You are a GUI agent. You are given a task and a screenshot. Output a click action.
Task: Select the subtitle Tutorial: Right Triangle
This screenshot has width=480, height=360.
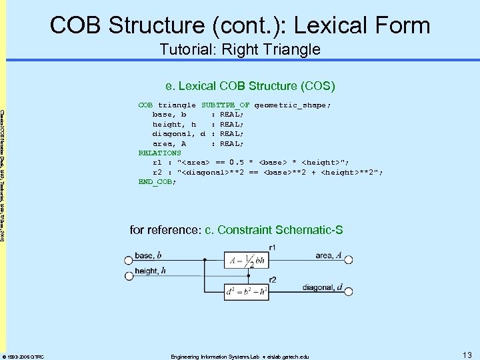point(239,49)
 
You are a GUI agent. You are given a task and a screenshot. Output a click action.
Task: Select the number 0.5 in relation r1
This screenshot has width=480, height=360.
point(236,162)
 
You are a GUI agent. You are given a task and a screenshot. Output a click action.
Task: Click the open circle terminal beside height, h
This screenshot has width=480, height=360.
point(127,272)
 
